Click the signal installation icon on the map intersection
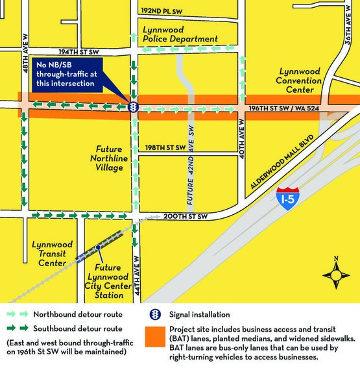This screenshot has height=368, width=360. click(132, 107)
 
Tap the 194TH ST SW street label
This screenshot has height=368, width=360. click(78, 51)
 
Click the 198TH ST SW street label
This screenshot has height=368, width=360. click(165, 147)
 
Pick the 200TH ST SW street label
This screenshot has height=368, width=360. click(184, 215)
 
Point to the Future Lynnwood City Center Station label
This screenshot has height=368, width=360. click(108, 281)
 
